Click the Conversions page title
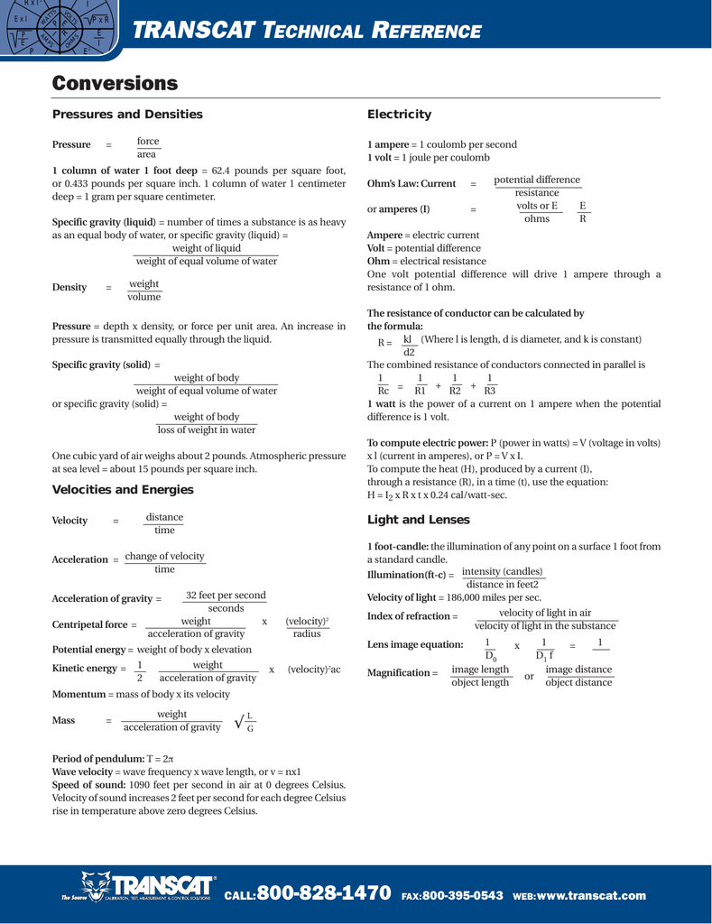click(115, 84)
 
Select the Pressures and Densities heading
click(127, 115)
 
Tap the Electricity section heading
click(399, 115)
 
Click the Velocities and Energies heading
click(123, 490)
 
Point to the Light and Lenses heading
click(418, 520)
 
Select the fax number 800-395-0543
click(462, 896)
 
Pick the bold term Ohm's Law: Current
click(411, 184)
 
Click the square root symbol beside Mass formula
click(239, 722)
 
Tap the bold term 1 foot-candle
click(398, 547)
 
